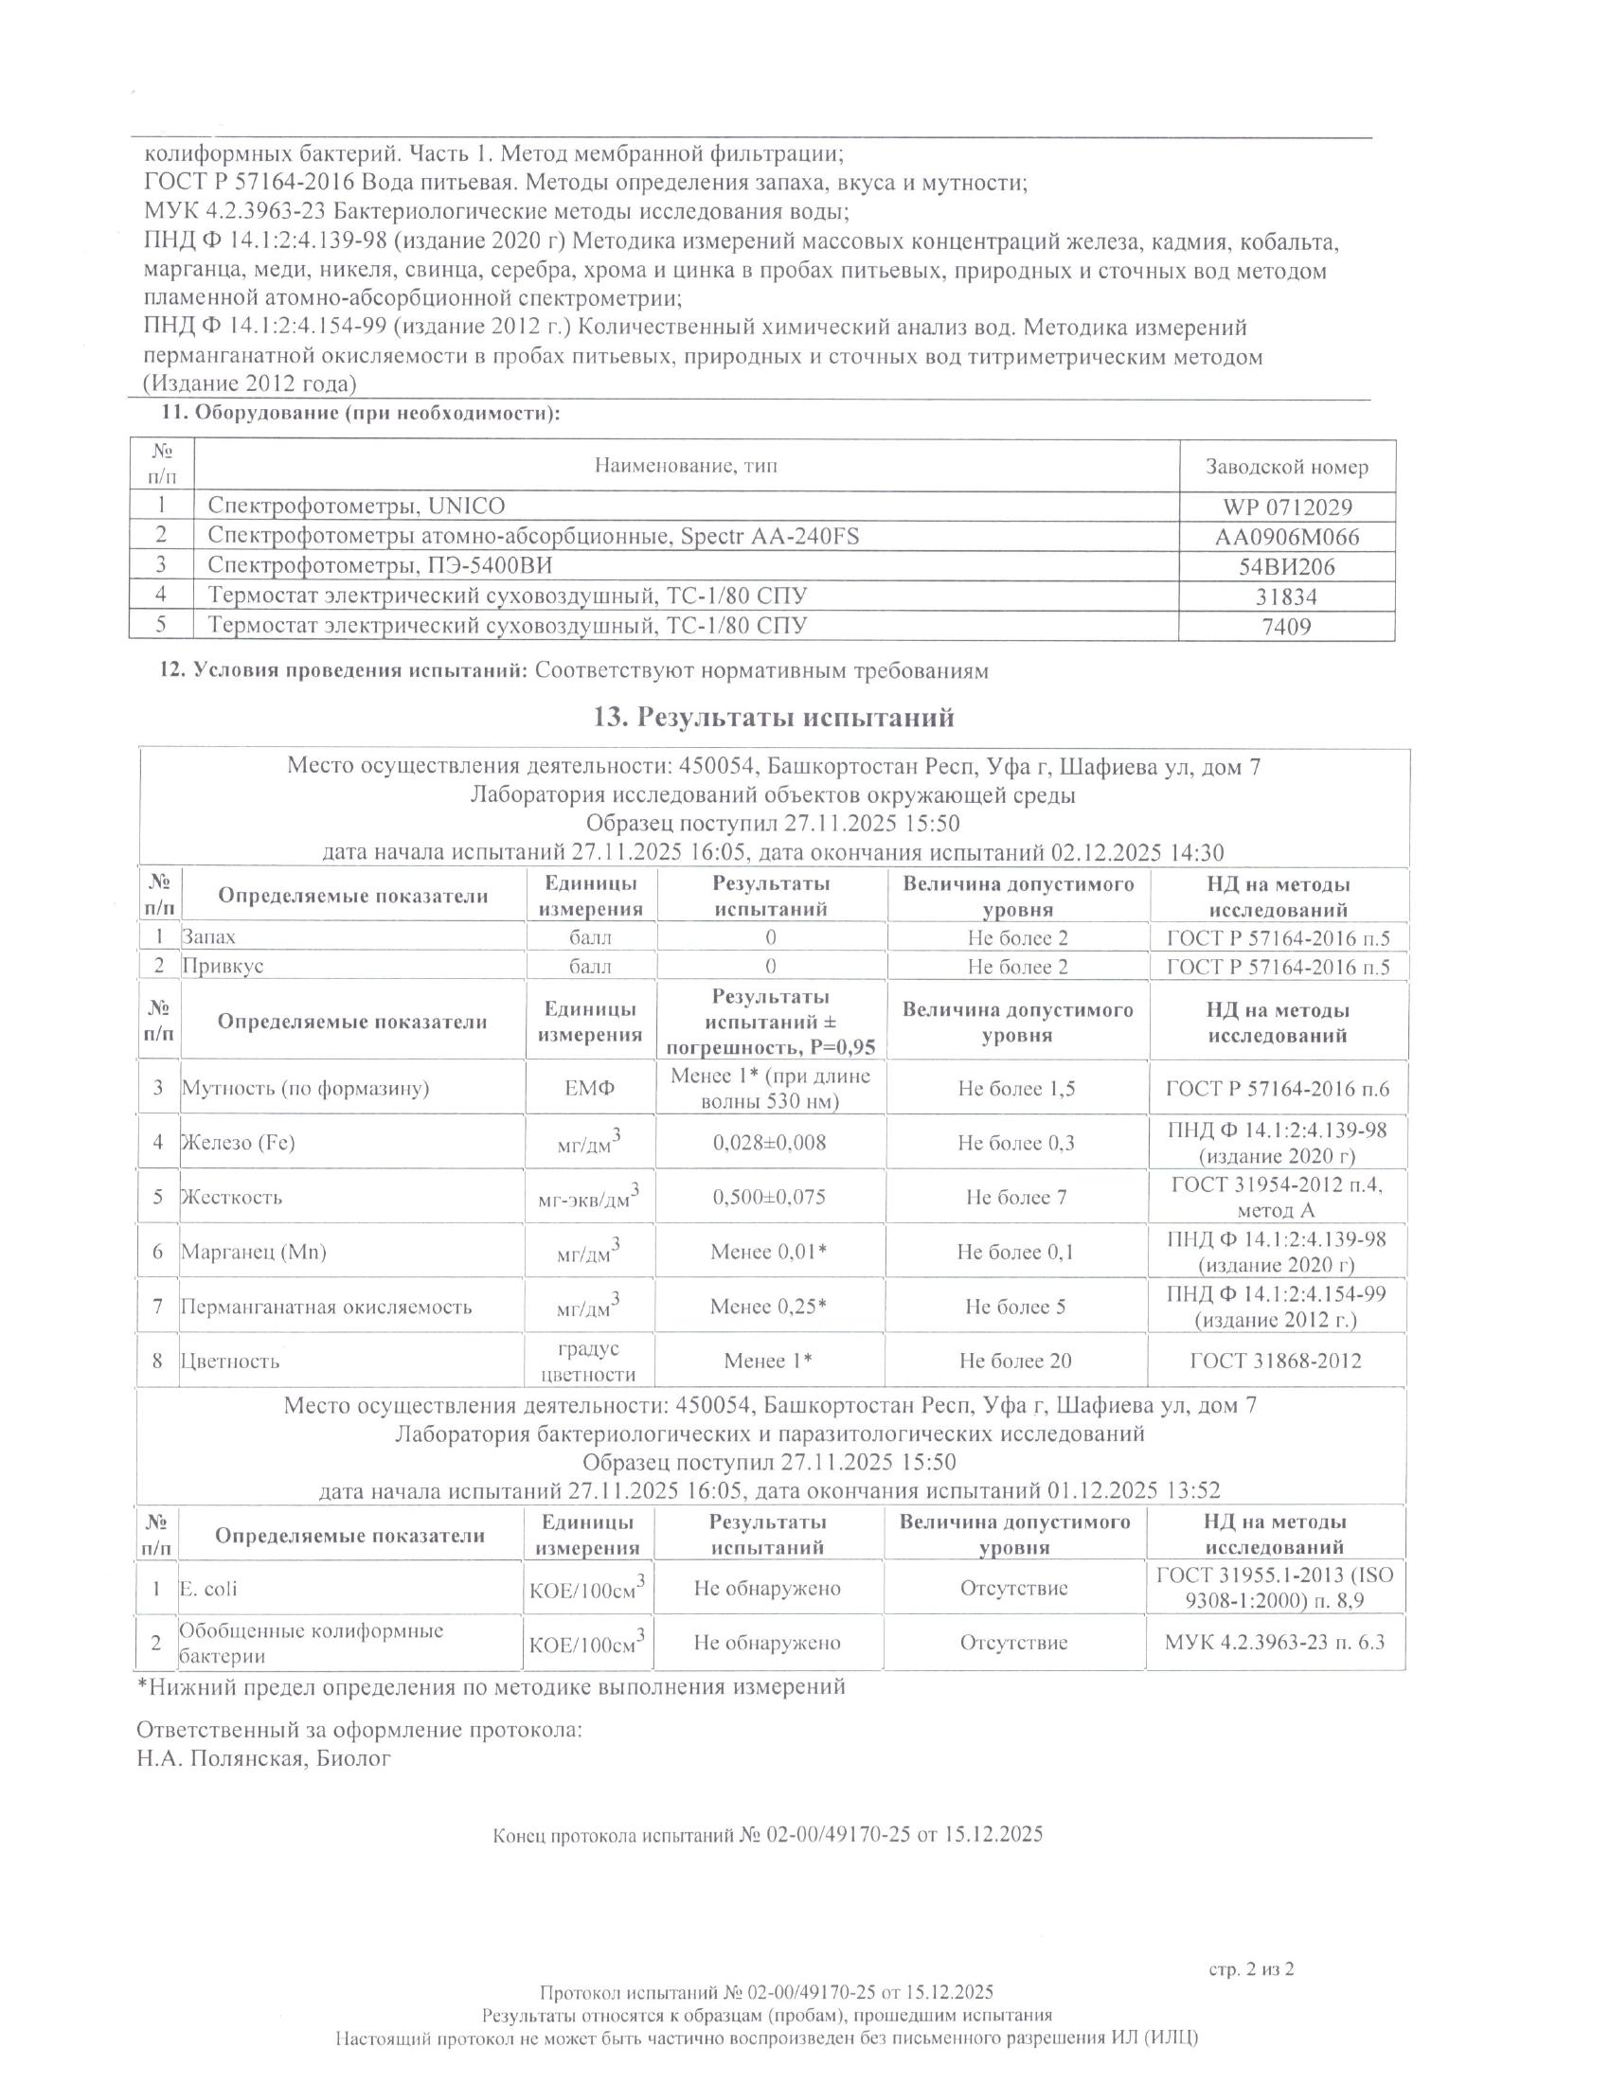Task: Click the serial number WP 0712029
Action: (x=1287, y=507)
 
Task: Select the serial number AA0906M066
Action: (x=1287, y=537)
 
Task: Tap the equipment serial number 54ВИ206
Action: (x=1287, y=567)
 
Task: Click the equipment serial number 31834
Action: (x=1287, y=597)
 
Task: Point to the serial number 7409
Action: (x=1287, y=627)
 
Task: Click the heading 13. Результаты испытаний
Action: (x=774, y=717)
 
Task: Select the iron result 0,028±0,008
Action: (x=770, y=1143)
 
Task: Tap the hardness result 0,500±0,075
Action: (x=770, y=1197)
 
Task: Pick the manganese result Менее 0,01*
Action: (x=769, y=1252)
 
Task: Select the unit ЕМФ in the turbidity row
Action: (x=590, y=1088)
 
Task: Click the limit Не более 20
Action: (x=1016, y=1361)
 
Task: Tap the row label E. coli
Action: (x=209, y=1589)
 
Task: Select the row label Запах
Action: (x=209, y=937)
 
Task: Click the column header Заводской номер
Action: (x=1287, y=468)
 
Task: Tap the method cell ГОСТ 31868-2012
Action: (x=1277, y=1361)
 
